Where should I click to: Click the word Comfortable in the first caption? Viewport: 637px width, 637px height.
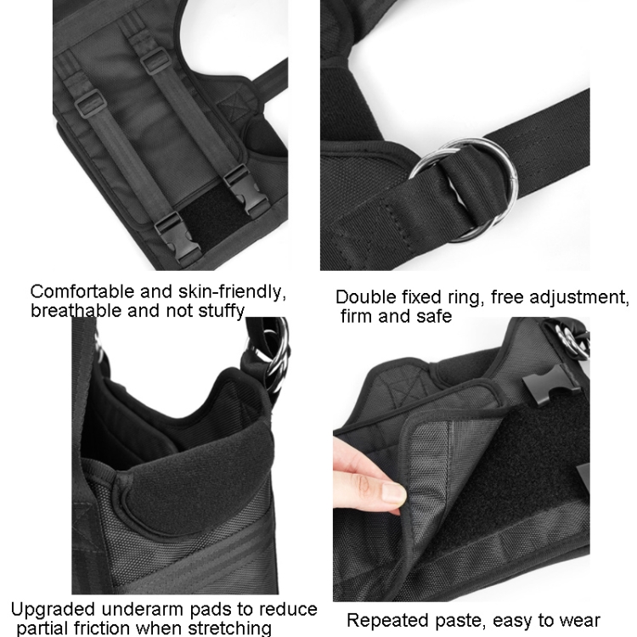click(x=82, y=291)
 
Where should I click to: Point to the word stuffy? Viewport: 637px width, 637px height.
click(x=222, y=311)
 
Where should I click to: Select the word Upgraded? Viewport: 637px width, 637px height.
click(x=53, y=610)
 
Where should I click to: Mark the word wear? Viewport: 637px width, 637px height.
click(x=579, y=621)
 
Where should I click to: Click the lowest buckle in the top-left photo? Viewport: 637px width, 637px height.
click(x=178, y=239)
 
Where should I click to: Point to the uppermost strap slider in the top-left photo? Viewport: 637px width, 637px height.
click(x=155, y=61)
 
